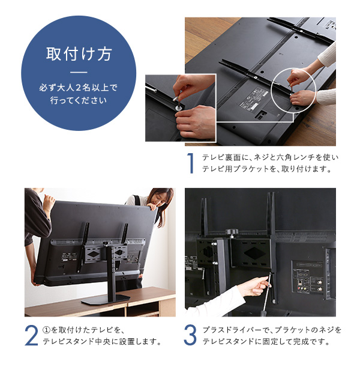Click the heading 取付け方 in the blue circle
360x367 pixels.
click(79, 54)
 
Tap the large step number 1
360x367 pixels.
click(191, 163)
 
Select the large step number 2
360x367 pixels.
click(31, 336)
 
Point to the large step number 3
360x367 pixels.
click(190, 335)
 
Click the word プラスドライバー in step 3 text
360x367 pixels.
click(232, 330)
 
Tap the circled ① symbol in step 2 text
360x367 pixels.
click(47, 330)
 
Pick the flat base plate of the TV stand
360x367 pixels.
click(106, 299)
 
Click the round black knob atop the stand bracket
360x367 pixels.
click(232, 232)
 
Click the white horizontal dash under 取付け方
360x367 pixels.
click(79, 72)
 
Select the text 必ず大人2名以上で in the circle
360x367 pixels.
click(79, 88)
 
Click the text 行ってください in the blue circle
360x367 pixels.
click(79, 100)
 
